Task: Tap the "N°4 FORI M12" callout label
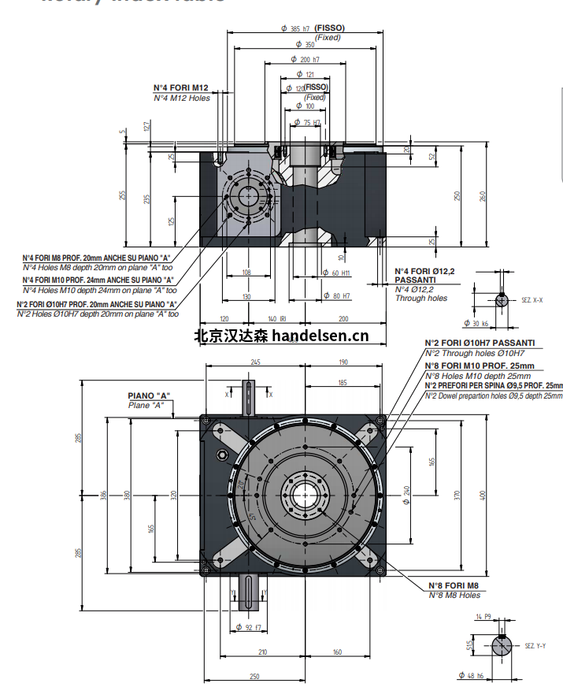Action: click(x=180, y=87)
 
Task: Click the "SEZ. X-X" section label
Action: click(x=532, y=300)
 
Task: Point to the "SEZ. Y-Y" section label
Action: click(x=534, y=645)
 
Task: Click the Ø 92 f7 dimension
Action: click(x=250, y=627)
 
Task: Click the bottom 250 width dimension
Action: click(x=255, y=676)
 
